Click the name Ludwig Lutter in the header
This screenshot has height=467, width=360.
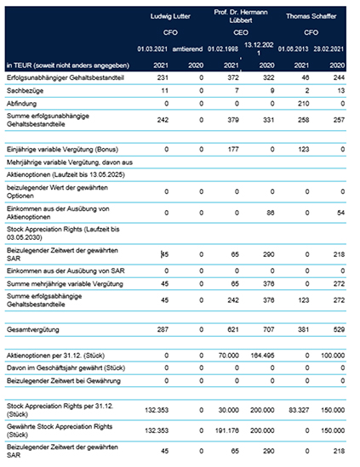[x=170, y=16]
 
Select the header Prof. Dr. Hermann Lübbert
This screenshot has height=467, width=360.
[x=241, y=16]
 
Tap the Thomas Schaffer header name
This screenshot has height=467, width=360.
[x=311, y=16]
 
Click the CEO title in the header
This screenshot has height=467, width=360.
[x=241, y=32]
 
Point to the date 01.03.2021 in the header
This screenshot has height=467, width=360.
[x=152, y=48]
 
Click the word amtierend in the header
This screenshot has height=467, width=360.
[x=187, y=48]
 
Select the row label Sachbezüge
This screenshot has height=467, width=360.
[x=25, y=90]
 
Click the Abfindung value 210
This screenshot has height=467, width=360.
[x=303, y=104]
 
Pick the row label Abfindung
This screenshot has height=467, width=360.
[x=21, y=104]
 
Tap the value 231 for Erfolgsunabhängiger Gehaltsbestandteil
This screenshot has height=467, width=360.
[x=163, y=77]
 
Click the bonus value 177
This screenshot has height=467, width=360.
[x=233, y=149]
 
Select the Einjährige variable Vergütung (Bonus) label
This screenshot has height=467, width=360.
[x=62, y=149]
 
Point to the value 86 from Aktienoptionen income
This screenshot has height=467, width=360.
[x=271, y=213]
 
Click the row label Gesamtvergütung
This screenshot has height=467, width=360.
[x=33, y=330]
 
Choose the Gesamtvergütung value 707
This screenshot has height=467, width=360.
[x=268, y=330]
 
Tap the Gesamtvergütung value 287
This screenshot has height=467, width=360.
[x=163, y=330]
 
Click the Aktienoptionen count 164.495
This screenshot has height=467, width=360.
[x=262, y=356]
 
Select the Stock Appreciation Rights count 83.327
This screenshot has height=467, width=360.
[x=299, y=410]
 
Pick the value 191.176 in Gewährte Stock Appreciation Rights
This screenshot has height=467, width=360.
[x=226, y=430]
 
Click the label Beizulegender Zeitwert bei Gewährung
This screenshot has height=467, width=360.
[x=64, y=380]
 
